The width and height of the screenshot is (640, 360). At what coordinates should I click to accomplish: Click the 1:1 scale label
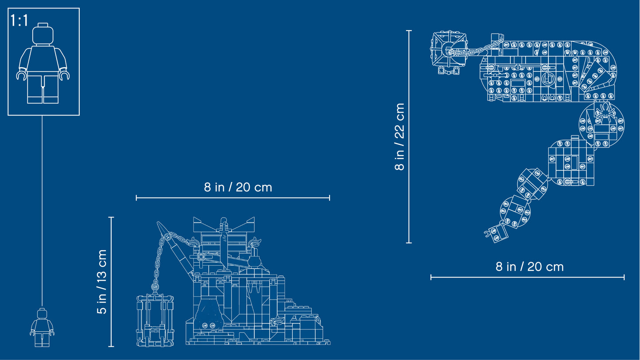19,20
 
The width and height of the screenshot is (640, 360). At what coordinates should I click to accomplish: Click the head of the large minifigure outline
43,34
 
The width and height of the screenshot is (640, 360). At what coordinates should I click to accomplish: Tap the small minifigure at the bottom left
42,328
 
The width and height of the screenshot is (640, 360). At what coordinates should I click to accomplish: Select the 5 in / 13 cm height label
102,282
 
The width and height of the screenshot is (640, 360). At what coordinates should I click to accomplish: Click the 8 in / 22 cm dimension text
400,137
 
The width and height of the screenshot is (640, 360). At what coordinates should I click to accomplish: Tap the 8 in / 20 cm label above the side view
238,187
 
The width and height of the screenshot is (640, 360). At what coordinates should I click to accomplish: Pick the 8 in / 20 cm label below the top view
529,267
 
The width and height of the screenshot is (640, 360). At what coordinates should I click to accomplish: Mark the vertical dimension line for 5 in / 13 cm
111,282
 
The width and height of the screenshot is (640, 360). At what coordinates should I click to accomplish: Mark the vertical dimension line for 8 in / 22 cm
409,137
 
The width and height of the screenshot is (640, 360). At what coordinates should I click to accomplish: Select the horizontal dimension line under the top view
527,277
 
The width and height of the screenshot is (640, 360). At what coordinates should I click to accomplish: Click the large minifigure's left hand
20,75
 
